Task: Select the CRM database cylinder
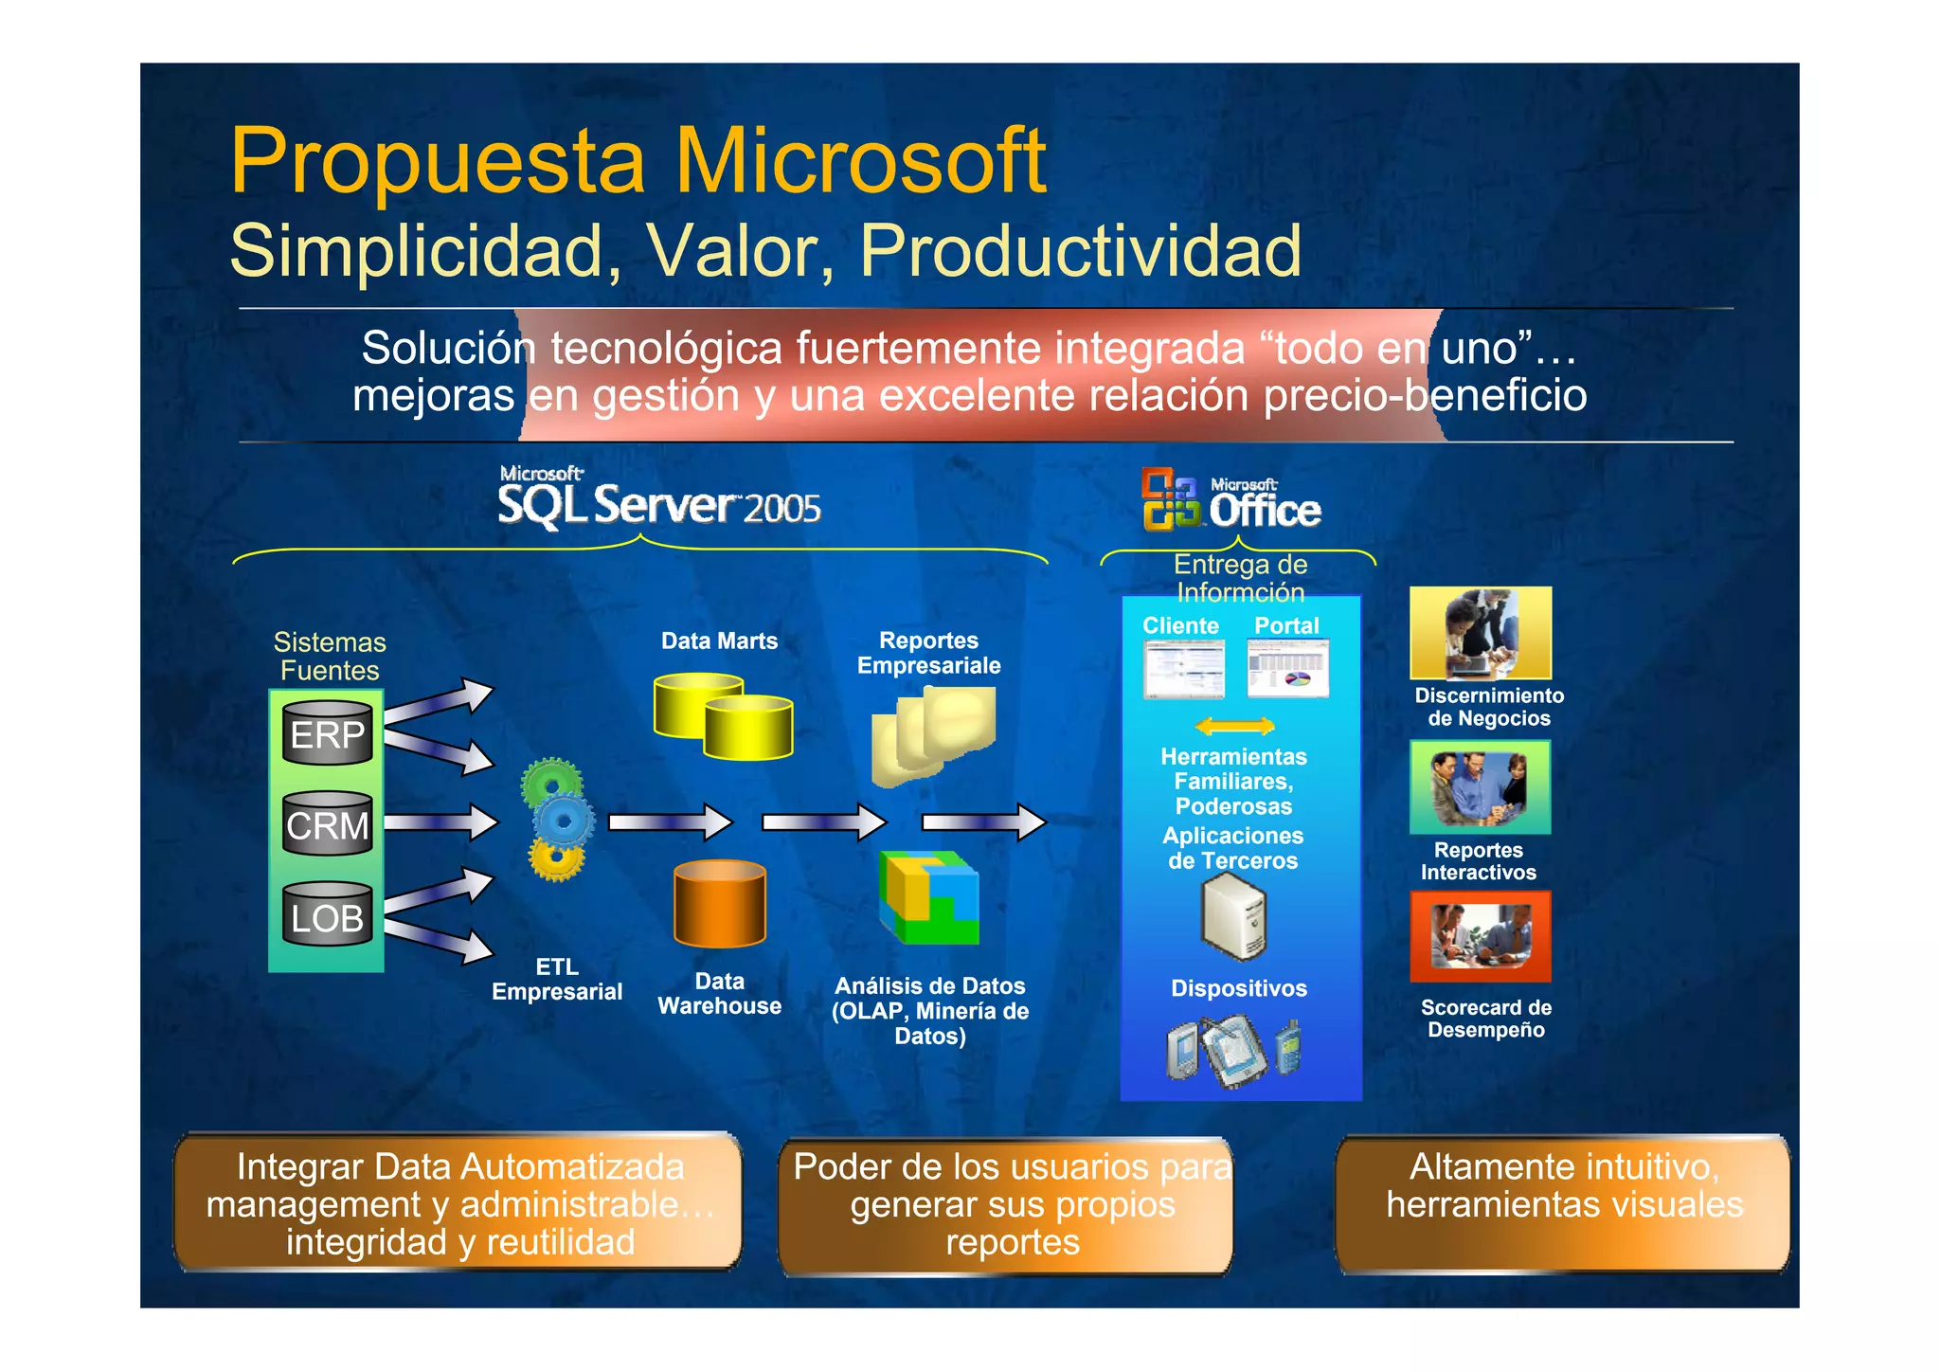pyautogui.click(x=328, y=823)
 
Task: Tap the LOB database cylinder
pyautogui.click(x=328, y=915)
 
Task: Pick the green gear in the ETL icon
pyautogui.click(x=551, y=782)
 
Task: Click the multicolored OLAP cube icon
pyautogui.click(x=929, y=897)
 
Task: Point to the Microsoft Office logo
pyautogui.click(x=1231, y=499)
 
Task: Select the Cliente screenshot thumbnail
pyautogui.click(x=1183, y=669)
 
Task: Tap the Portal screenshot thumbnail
pyautogui.click(x=1288, y=669)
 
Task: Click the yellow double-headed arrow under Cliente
pyautogui.click(x=1235, y=727)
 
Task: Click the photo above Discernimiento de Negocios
pyautogui.click(x=1481, y=632)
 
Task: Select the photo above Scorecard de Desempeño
pyautogui.click(x=1481, y=937)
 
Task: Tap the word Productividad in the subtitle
pyautogui.click(x=1080, y=251)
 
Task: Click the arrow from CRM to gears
pyautogui.click(x=441, y=821)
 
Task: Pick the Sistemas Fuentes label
pyautogui.click(x=330, y=656)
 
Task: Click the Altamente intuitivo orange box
pyautogui.click(x=1563, y=1204)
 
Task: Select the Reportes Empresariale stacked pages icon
pyautogui.click(x=934, y=735)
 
